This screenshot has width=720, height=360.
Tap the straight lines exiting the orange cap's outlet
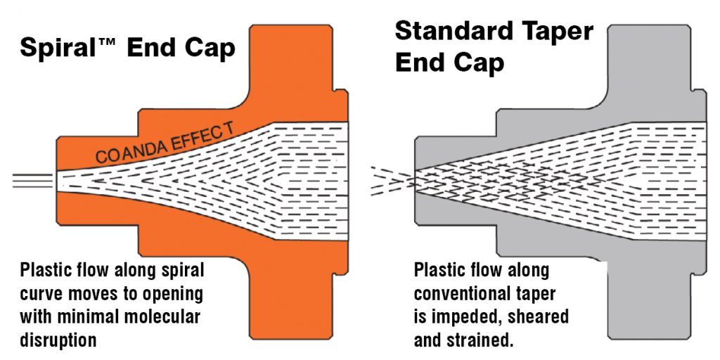click(x=28, y=180)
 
